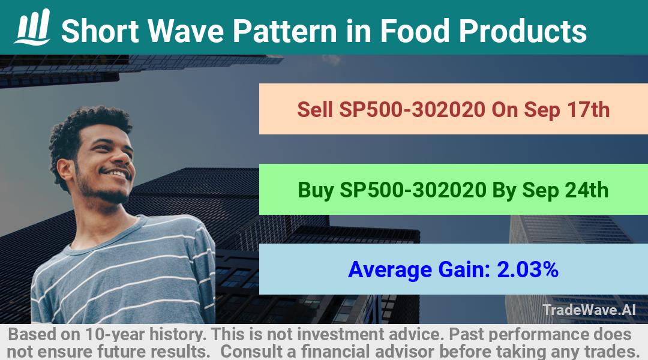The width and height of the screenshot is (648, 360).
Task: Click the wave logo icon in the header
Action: pos(32,27)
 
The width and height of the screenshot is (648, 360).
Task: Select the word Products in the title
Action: pos(523,31)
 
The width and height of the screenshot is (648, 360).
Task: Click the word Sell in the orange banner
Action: pos(315,110)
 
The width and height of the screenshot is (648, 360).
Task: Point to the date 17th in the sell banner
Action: pos(588,110)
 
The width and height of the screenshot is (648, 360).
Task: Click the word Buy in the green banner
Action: pos(316,190)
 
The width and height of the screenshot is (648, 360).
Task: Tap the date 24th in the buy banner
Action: pos(587,190)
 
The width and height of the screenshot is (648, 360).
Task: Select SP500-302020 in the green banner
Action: pos(413,190)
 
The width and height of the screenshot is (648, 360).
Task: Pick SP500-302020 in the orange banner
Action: pos(412,110)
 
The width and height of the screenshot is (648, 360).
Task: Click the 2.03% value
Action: pos(528,269)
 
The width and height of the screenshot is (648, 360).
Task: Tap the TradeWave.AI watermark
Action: pos(589,310)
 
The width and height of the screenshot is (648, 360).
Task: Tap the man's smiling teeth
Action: pos(117,173)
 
